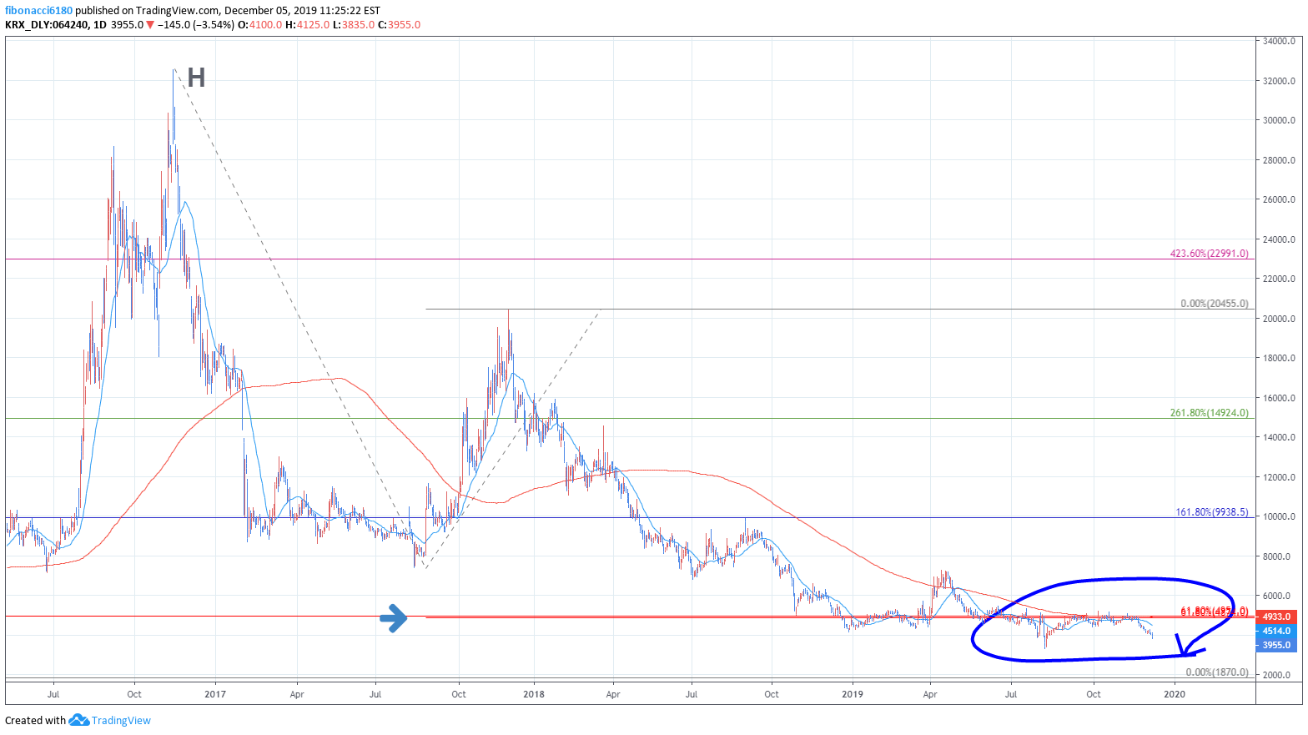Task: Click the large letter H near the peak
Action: (x=196, y=78)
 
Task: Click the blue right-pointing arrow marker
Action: (x=394, y=617)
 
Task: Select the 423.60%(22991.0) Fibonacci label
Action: (x=1209, y=254)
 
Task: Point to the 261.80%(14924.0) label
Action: (x=1209, y=413)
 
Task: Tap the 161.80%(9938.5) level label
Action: (x=1211, y=512)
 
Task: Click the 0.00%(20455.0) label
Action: (x=1214, y=304)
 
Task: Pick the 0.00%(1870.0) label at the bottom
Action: (x=1217, y=672)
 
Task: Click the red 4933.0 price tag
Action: (x=1276, y=617)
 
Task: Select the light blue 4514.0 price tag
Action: (x=1276, y=631)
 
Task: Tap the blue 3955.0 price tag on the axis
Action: (x=1276, y=645)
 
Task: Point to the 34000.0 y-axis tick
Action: (x=1279, y=41)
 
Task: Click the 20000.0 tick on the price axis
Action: (x=1279, y=319)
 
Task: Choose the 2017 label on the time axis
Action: (x=215, y=694)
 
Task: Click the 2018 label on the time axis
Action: (x=534, y=694)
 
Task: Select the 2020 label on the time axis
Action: (x=1174, y=694)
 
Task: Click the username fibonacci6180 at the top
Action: (x=38, y=11)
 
